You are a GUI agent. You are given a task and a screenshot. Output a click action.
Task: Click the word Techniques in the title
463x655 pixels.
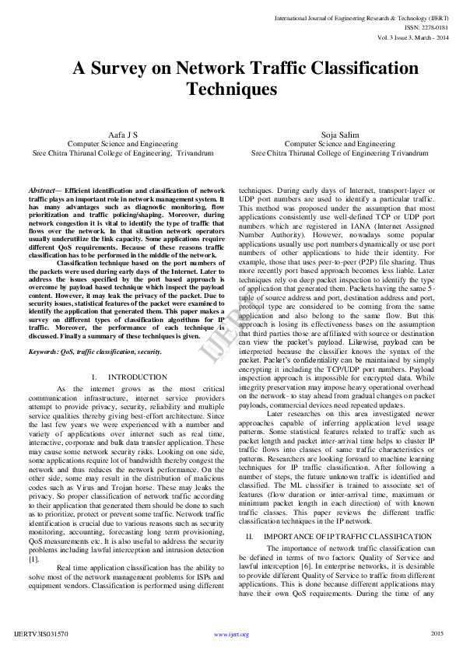(231, 89)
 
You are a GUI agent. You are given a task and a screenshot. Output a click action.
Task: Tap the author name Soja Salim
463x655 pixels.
(340, 135)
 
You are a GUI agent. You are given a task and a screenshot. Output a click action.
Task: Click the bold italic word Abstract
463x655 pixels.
(44, 190)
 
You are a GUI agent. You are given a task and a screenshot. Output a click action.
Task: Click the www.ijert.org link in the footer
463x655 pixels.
(231, 634)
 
